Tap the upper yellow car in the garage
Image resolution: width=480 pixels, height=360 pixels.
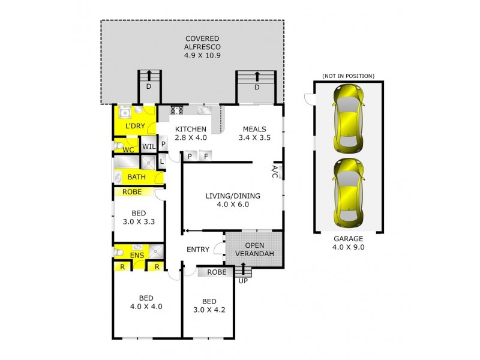(348, 119)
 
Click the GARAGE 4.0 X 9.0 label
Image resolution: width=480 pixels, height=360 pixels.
(348, 242)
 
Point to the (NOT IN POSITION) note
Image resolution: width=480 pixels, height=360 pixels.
(348, 76)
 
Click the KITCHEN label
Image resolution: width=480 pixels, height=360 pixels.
(190, 133)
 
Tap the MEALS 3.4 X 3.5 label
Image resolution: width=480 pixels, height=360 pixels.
(255, 133)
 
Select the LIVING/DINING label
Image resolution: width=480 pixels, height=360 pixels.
(227, 200)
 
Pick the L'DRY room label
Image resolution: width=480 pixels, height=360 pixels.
(135, 126)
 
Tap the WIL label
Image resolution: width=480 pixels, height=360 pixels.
(148, 146)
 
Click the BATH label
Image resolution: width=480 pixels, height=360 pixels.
(136, 177)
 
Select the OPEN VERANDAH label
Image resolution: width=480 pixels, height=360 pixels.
(254, 250)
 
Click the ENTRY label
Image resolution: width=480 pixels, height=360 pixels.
(198, 250)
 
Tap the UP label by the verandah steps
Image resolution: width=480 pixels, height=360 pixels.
(244, 280)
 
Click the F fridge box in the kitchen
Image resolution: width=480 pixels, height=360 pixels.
(205, 157)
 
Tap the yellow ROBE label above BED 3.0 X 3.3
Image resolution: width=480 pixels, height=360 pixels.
(132, 192)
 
